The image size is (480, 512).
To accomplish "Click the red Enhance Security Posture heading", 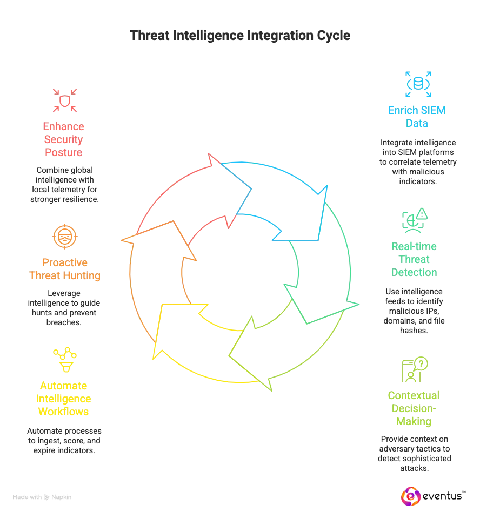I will [64, 139].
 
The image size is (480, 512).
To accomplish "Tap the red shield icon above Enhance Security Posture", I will [64, 99].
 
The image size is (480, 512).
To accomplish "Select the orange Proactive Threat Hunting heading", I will [64, 270].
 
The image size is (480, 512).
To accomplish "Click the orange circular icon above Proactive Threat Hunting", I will [65, 236].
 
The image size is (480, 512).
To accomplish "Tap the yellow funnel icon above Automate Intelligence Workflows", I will [64, 359].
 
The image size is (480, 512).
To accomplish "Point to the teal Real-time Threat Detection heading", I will [414, 259].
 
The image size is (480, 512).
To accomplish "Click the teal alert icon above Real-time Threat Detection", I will [415, 220].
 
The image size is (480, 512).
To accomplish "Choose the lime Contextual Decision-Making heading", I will [414, 408].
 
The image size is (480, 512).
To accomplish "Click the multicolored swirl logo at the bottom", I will [411, 497].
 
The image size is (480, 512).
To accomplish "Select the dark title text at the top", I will [239, 36].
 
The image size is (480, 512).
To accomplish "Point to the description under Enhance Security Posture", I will [64, 184].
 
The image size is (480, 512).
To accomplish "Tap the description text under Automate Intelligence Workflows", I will [64, 441].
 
